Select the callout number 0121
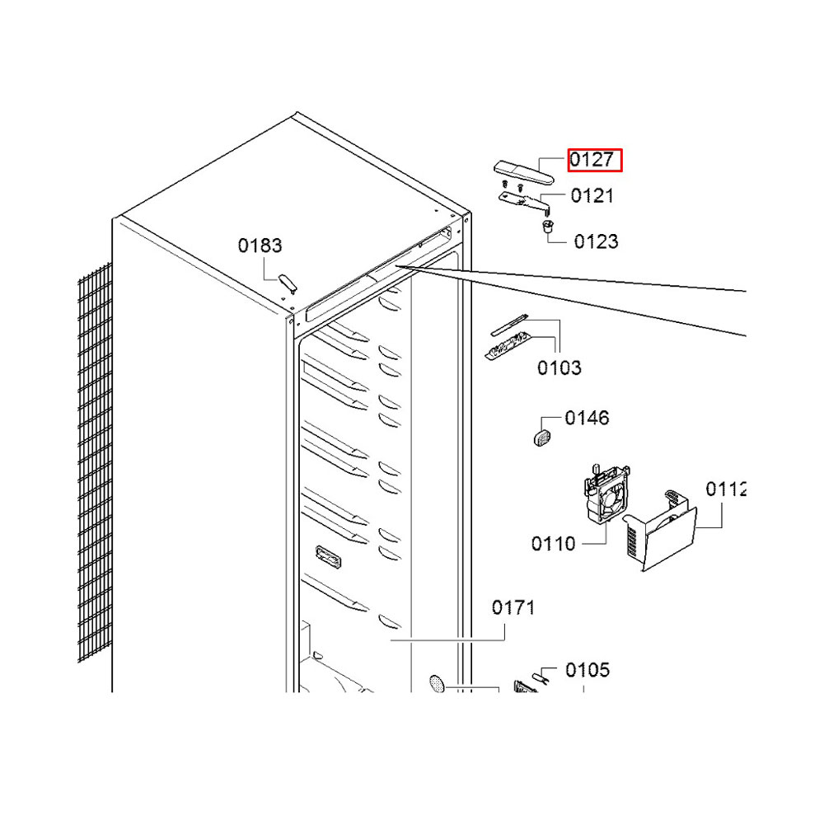click(592, 196)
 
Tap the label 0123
click(596, 241)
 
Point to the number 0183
click(260, 246)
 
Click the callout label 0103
click(559, 368)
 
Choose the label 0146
click(587, 419)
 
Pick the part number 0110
click(554, 544)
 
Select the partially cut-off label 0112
click(726, 489)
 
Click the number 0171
click(513, 608)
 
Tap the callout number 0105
click(588, 671)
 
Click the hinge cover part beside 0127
click(523, 173)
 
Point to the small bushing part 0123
click(548, 227)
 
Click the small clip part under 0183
click(288, 283)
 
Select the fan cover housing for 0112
click(660, 531)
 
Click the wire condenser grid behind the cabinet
click(95, 462)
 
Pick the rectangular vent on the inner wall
click(329, 556)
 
